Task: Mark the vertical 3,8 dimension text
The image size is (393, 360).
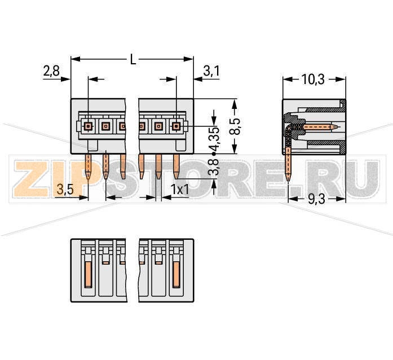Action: click(x=214, y=170)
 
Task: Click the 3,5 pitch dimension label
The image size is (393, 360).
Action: click(x=65, y=190)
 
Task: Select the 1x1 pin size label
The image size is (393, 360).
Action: click(x=180, y=190)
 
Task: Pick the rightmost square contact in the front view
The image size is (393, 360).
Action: click(x=176, y=126)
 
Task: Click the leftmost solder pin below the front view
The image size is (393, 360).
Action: click(x=89, y=167)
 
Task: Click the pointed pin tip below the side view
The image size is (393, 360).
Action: click(x=289, y=179)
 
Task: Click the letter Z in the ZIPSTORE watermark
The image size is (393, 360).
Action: click(x=30, y=178)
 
